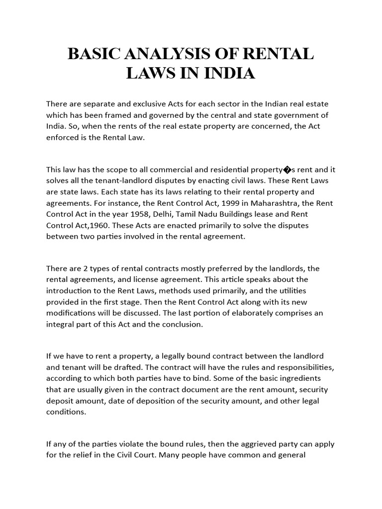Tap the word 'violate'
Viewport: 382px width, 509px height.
click(132, 443)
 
